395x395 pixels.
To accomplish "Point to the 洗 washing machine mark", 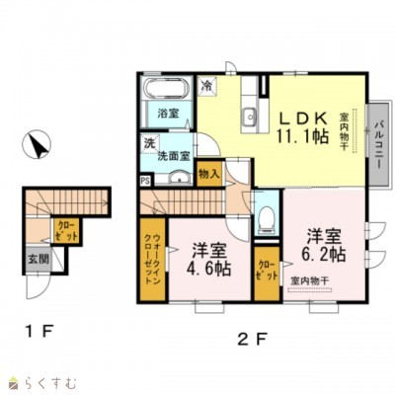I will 147,145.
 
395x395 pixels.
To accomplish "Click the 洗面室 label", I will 176,155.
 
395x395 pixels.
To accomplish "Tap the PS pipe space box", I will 145,181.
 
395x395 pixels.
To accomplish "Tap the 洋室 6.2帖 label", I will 324,246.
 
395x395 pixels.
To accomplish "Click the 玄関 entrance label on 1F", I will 33,260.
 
